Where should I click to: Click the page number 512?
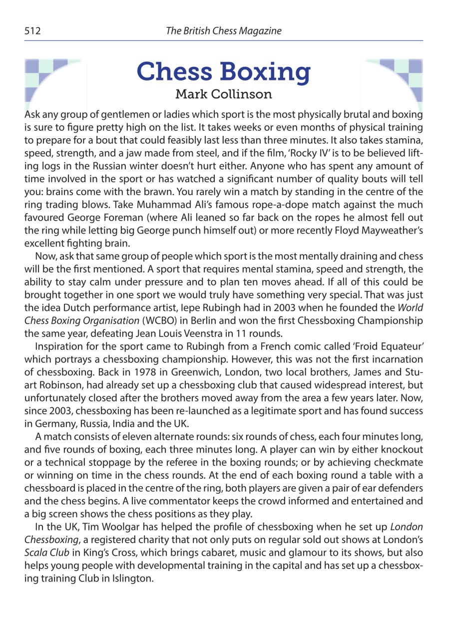pos(32,31)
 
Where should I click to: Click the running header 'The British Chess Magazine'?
pos(224,31)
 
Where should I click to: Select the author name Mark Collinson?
pos(224,94)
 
